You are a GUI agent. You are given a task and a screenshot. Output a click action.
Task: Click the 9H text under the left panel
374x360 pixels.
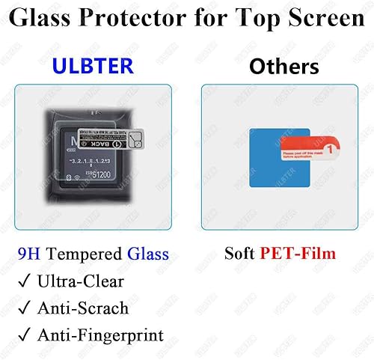(x=29, y=254)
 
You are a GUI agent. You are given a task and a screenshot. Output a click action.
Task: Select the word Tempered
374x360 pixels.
(x=82, y=254)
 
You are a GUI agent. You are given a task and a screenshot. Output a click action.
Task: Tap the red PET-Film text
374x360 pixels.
(x=297, y=254)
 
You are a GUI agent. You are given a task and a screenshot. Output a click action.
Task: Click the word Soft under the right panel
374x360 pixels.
(x=241, y=254)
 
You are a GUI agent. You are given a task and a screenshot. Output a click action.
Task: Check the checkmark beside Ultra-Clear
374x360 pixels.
(x=25, y=281)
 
